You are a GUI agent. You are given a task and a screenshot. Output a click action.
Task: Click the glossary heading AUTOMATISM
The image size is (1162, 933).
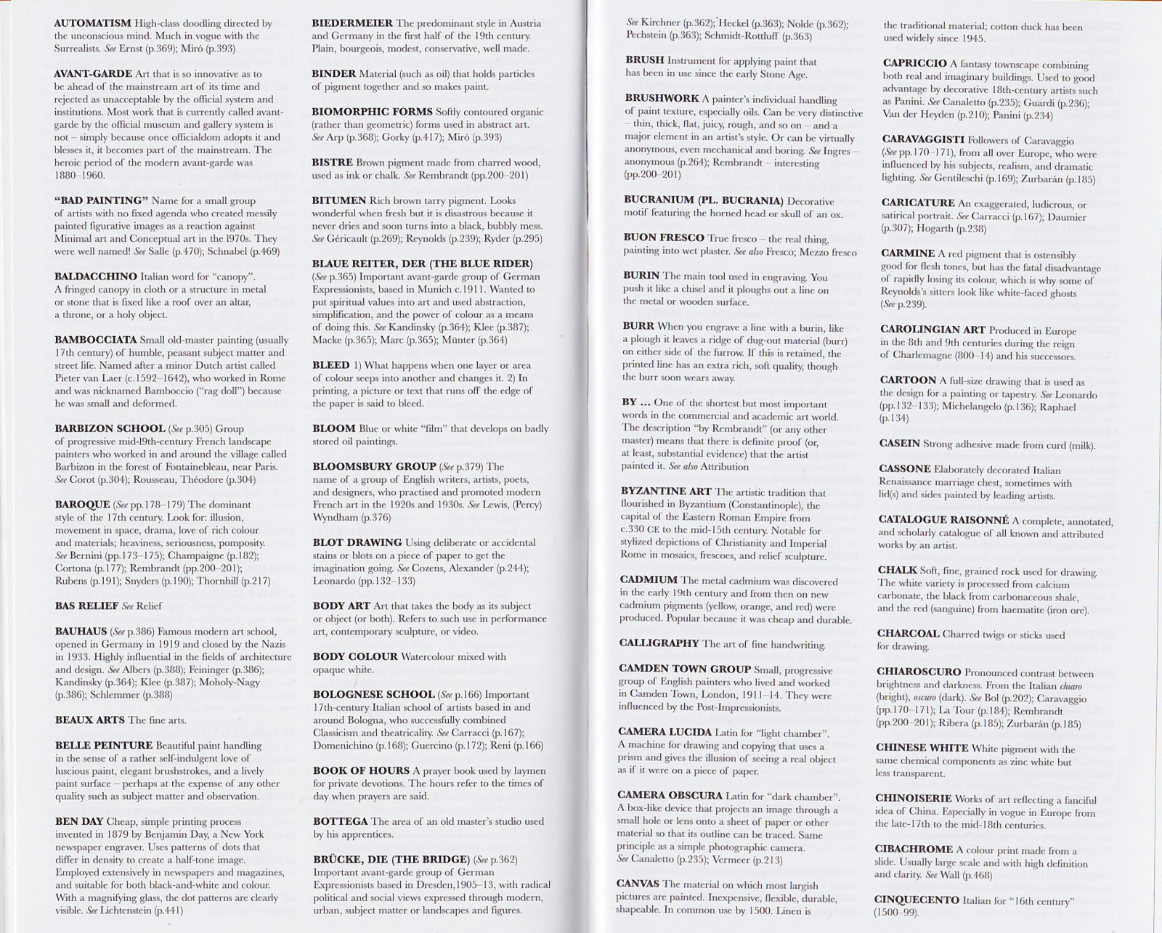[x=92, y=23]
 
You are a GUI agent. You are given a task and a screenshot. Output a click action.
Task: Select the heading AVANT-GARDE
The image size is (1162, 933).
[x=92, y=74]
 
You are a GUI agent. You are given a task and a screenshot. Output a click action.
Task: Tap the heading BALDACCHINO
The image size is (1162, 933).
[x=95, y=277]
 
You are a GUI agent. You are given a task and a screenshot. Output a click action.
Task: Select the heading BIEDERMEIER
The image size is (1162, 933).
[x=352, y=23]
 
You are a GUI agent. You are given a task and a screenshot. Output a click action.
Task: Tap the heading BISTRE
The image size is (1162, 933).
[x=332, y=163]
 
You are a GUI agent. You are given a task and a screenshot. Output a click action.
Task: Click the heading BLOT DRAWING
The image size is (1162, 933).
[x=357, y=542]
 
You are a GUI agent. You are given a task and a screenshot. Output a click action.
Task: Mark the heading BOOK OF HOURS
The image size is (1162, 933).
[x=361, y=770]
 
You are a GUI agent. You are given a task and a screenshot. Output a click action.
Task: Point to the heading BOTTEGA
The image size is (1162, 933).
[x=340, y=821]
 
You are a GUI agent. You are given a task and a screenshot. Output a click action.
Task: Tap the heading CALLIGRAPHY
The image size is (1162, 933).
[x=659, y=643]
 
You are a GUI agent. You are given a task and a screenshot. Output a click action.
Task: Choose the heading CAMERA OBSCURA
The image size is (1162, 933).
[x=670, y=796]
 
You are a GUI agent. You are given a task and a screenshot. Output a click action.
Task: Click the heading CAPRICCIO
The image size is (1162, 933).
[x=914, y=65]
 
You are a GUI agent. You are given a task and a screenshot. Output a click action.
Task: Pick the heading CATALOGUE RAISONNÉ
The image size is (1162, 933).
[x=943, y=520]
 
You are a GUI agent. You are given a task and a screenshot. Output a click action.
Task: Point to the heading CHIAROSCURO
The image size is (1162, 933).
[x=919, y=672]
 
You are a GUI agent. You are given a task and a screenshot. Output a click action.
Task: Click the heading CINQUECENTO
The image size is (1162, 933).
[x=917, y=900]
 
